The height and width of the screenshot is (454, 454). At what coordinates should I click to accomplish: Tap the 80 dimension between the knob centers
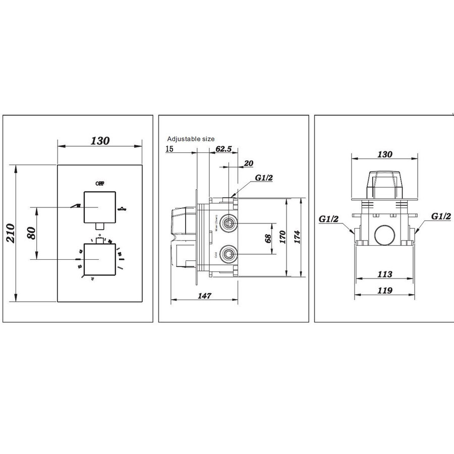32,233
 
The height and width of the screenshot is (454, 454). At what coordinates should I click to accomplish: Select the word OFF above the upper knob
99,184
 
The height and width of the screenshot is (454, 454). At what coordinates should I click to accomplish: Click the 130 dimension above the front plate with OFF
100,141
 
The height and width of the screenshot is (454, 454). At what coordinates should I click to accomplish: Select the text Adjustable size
191,138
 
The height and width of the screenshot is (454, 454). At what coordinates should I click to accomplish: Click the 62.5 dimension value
223,149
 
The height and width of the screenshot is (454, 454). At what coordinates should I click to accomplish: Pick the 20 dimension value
248,163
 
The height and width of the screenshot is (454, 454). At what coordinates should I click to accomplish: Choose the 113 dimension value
385,274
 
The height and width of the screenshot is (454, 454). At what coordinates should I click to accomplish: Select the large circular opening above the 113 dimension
385,234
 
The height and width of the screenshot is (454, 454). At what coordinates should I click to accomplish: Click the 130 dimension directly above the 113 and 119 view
385,154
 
